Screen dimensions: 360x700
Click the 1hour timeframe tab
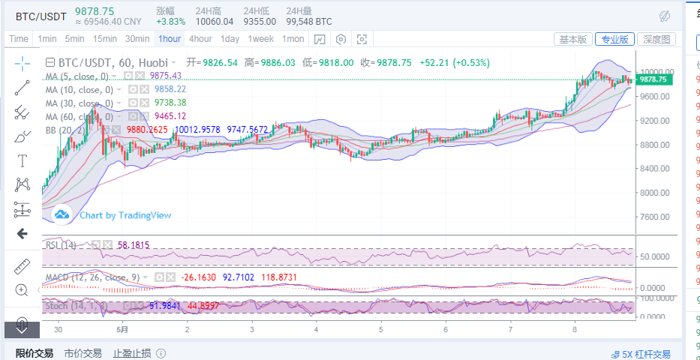tap(170, 39)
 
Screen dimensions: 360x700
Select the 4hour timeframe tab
tap(200, 39)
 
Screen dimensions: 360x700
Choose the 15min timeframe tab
tap(104, 39)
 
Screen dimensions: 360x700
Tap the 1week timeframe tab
tap(260, 39)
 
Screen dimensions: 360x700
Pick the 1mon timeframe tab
tap(293, 39)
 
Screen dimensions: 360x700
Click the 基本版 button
tap(573, 39)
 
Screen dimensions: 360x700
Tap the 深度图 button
tap(656, 39)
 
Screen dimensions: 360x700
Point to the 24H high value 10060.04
tap(214, 22)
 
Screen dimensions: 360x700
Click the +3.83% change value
tap(170, 22)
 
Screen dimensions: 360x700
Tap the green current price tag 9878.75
tap(653, 79)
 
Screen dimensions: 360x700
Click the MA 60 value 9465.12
tap(170, 116)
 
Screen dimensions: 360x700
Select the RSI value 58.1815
tap(134, 244)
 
